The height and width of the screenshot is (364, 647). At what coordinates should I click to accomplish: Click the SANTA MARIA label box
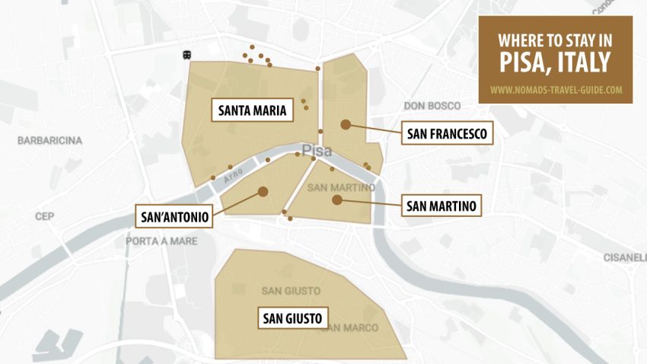pyautogui.click(x=252, y=111)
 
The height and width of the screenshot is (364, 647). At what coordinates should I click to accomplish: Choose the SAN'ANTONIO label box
pyautogui.click(x=174, y=217)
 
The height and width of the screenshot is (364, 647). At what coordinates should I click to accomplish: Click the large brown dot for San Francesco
pyautogui.click(x=346, y=124)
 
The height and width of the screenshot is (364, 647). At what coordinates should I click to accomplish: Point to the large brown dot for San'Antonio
pyautogui.click(x=263, y=192)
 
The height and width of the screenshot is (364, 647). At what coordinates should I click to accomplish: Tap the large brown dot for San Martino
pyautogui.click(x=336, y=200)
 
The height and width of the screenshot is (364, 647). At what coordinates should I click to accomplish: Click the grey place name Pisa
pyautogui.click(x=317, y=151)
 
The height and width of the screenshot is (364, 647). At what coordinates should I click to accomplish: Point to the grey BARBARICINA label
pyautogui.click(x=49, y=141)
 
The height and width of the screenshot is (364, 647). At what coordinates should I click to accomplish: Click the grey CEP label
pyautogui.click(x=44, y=216)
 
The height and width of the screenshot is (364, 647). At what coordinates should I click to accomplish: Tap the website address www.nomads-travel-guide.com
pyautogui.click(x=556, y=89)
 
